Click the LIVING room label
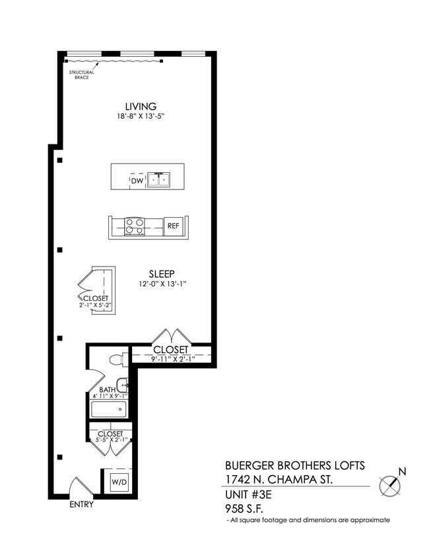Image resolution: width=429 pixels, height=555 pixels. pos(141,106)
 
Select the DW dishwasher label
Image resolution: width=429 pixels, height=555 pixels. pos(137,180)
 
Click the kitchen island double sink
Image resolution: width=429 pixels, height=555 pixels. pos(158,180)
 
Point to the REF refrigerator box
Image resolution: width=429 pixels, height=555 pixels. pos(173,226)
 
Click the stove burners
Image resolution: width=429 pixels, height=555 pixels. pos(135,226)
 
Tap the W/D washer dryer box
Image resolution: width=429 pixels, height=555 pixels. pos(120,482)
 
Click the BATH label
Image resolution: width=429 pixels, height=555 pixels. pos(108,390)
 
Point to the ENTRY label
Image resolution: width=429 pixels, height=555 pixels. pos(81,505)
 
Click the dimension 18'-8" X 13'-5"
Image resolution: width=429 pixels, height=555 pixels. pos(141,117)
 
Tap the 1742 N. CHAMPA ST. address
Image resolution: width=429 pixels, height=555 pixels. pos(277,479)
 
